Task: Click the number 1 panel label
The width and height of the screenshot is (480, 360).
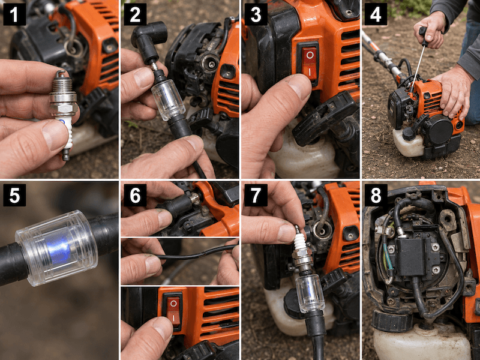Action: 14,14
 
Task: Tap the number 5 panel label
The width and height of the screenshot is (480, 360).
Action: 14,195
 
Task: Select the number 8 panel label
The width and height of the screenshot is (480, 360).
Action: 376,195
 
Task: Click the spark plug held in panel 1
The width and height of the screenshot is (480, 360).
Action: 64,114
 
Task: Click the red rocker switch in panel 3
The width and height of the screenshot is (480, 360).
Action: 310,64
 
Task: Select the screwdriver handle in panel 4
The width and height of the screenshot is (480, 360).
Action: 424,36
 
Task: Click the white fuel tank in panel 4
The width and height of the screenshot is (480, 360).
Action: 407,143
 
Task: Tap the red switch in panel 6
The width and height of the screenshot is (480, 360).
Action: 173,311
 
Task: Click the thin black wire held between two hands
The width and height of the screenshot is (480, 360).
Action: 196,254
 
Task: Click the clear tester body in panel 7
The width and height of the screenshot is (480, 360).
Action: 310,292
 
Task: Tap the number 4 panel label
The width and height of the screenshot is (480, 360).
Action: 376,14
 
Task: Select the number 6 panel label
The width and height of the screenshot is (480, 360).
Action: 135,195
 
